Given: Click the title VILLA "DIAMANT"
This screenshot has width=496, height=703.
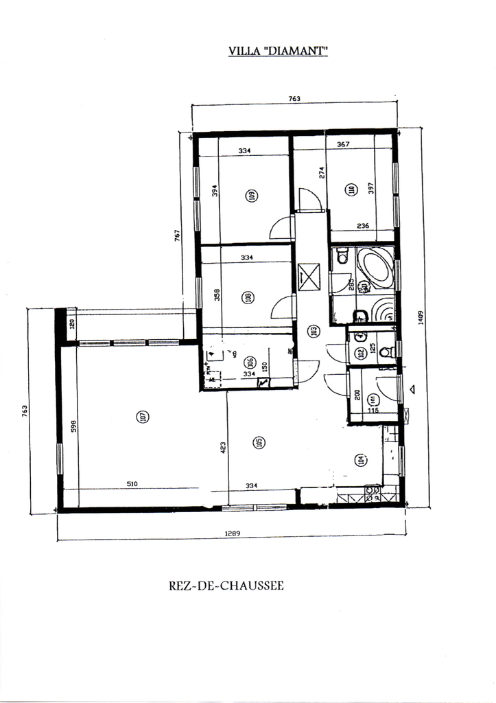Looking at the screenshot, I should coord(278,51).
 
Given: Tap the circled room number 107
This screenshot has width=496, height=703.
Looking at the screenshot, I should coord(143,416).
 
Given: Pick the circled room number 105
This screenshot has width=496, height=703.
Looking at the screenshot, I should coord(259,443).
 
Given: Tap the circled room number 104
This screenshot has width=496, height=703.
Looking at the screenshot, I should coord(359,461).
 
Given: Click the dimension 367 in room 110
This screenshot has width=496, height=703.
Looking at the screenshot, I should coord(343,144).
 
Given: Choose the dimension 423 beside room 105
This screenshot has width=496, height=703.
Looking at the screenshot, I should coord(224,448).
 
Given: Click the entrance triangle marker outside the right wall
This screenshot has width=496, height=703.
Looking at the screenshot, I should coord(412,389).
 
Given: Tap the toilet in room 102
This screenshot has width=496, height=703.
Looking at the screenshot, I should coord(386,353).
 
